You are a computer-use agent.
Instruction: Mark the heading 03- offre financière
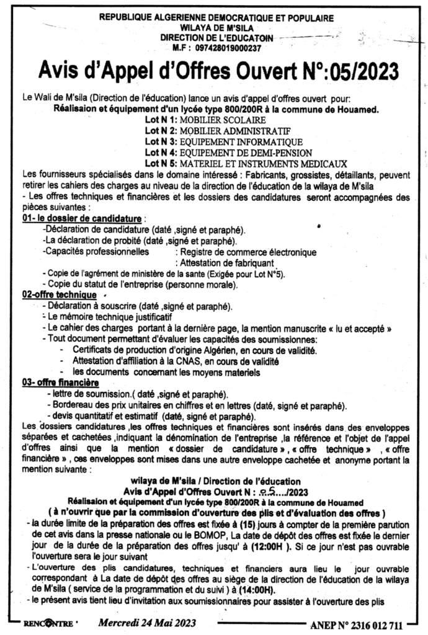61,383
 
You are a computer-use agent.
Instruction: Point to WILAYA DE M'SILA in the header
214,29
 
